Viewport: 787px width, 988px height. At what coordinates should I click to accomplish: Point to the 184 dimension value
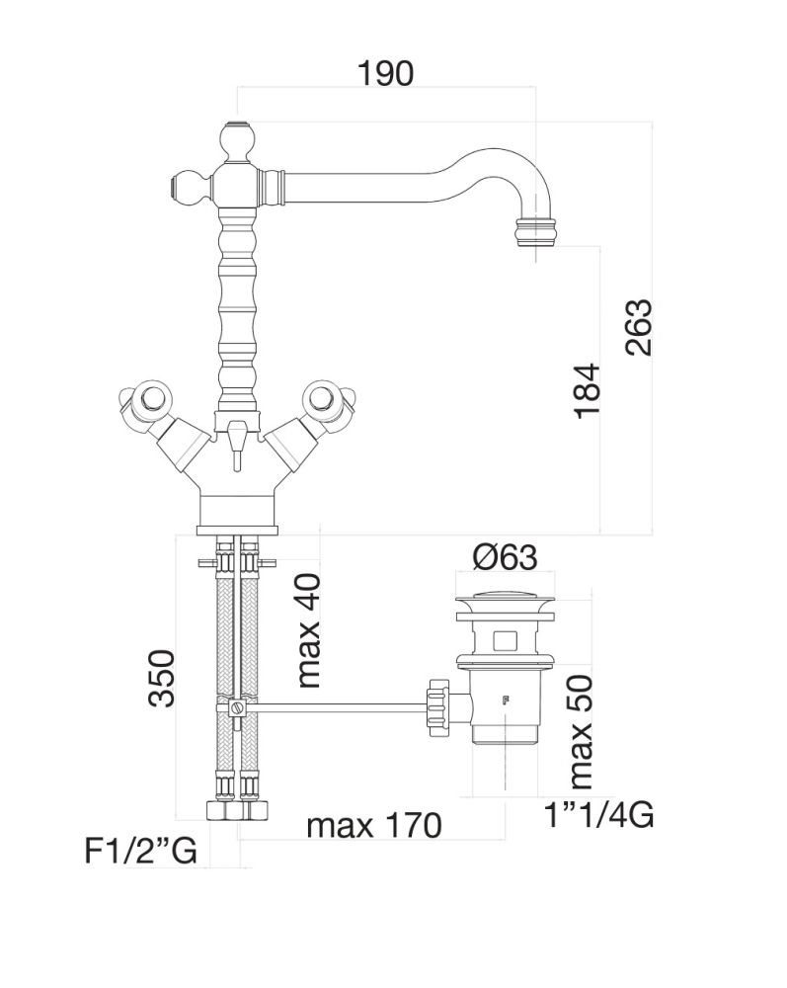(587, 393)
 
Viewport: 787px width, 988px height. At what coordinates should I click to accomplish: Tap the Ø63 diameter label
(505, 558)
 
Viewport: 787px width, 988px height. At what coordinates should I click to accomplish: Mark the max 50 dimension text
(581, 731)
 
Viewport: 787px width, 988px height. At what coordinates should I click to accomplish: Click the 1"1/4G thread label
(598, 816)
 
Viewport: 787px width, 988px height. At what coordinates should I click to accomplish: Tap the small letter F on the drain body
(505, 702)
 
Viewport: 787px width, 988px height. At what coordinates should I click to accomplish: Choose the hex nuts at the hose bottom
(237, 809)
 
